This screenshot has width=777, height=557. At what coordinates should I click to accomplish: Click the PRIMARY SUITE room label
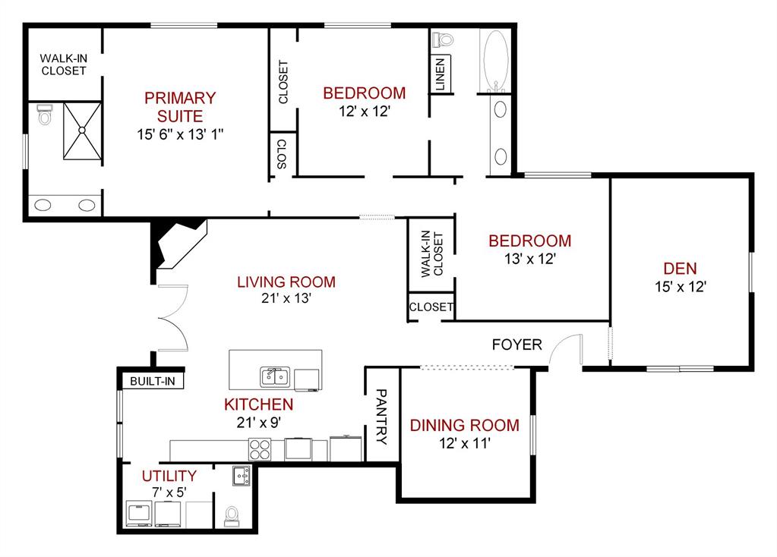(180, 107)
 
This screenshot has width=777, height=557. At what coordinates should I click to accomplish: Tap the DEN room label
(681, 268)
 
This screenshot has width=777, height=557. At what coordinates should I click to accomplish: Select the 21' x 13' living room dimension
(286, 299)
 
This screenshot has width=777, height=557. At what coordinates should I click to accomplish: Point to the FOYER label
(516, 345)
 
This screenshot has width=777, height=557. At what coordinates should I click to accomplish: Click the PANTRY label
(382, 417)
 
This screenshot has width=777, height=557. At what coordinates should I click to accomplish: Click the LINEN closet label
(441, 74)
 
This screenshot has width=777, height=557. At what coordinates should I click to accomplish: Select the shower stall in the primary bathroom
(81, 131)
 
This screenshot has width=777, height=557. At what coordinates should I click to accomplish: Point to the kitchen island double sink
(274, 376)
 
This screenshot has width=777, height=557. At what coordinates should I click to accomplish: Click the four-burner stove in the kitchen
(261, 450)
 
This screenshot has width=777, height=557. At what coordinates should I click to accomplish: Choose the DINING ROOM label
(465, 425)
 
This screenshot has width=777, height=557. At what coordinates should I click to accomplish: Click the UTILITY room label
(170, 476)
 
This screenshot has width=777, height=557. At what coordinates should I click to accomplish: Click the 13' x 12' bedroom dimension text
(529, 259)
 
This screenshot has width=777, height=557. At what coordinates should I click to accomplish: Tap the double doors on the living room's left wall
(172, 317)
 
